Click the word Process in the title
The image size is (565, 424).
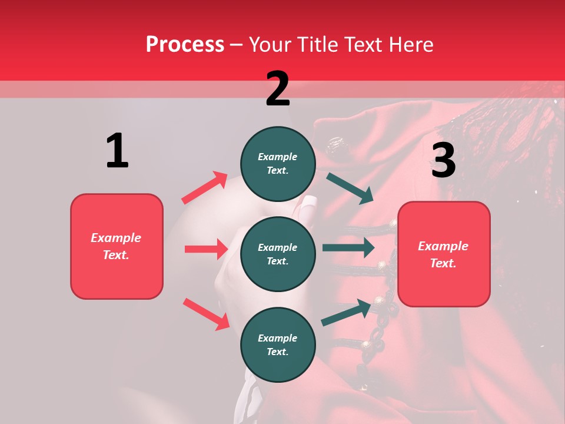[x=185, y=45]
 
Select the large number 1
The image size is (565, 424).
[x=117, y=151]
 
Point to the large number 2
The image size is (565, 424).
[x=278, y=89]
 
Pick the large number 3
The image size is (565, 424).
[x=443, y=160]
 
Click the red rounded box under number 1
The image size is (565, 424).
[x=117, y=246]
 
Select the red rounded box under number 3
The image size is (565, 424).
[x=444, y=254]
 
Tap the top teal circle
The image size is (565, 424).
[x=278, y=164]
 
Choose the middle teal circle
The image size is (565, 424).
[x=278, y=254]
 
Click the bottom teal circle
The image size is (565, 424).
[x=278, y=345]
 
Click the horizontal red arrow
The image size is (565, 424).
[x=206, y=249]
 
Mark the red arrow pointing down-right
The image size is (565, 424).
[x=206, y=314]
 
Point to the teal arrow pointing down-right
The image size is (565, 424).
[x=350, y=188]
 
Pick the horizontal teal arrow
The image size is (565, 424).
[x=348, y=248]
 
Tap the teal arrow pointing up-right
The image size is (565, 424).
[x=347, y=312]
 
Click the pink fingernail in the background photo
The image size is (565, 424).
[x=308, y=206]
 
